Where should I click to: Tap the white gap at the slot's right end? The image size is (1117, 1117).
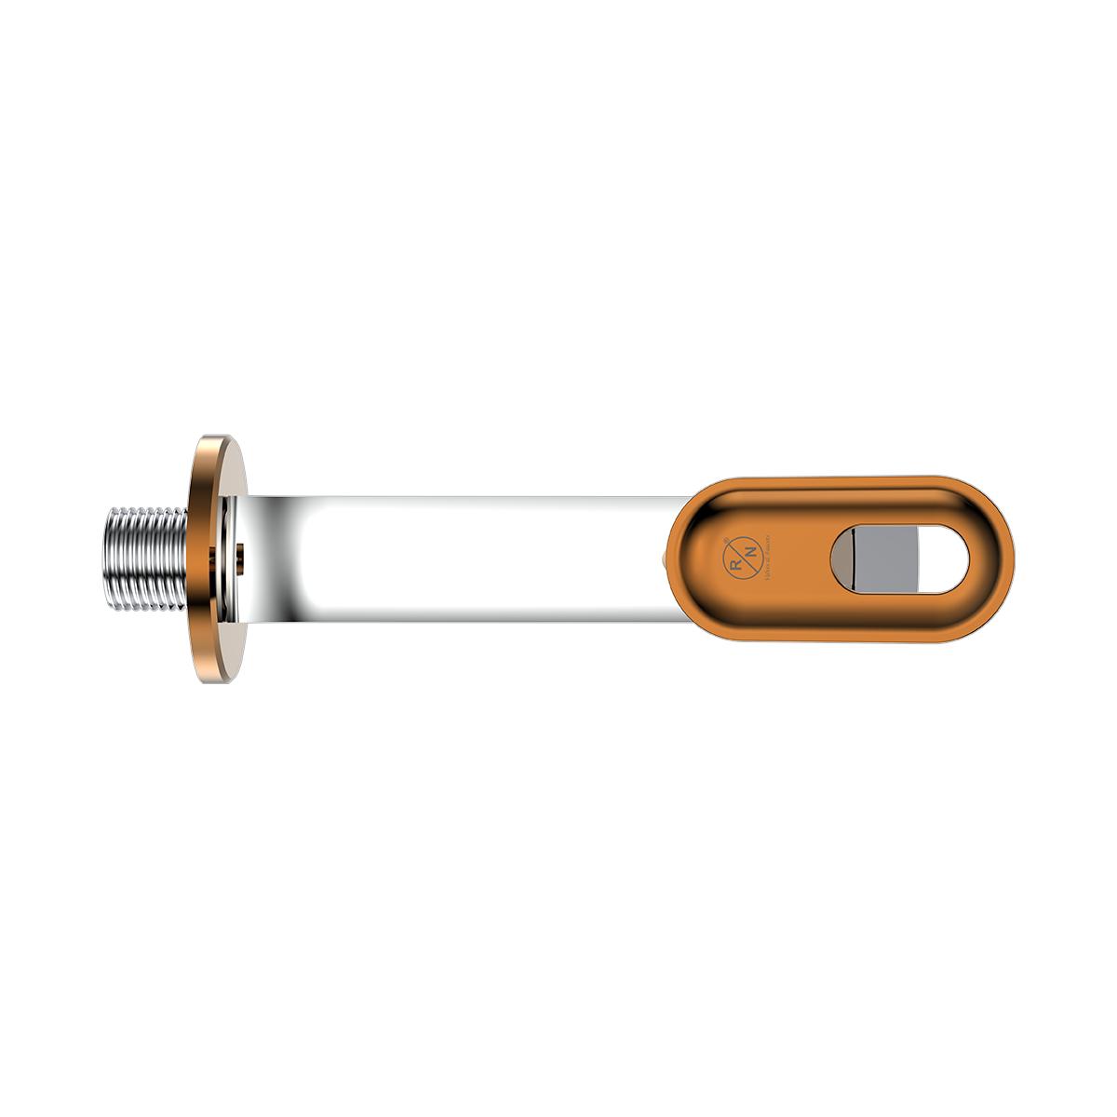tap(946, 559)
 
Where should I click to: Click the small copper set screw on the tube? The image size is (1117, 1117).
tap(239, 557)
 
